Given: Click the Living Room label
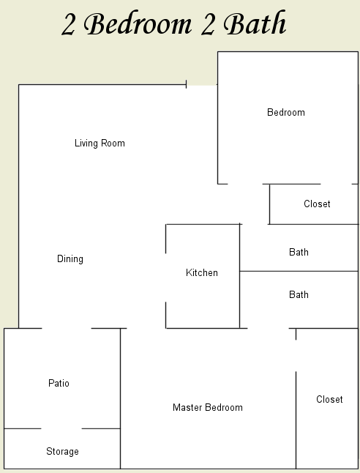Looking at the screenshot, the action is coord(100,144).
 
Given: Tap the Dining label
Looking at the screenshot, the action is coord(70,259).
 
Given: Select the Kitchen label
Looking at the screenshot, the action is coord(202,272).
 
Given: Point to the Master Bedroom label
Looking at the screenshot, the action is coord(208,408).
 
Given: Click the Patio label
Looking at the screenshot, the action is coord(59,384).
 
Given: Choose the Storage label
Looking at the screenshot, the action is coord(62,452).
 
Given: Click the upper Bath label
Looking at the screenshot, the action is coord(299,252).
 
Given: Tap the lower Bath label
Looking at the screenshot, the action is coord(299,295).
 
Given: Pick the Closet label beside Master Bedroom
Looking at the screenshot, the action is coord(329,399).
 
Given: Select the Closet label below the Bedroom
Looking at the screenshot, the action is coord(317,204).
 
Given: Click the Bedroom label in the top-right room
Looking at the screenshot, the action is coord(286,113).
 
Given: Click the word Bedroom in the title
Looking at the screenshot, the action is coord(138,23).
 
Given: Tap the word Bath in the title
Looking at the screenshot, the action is coord(255,23).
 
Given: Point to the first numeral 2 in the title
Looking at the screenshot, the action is coord(68,25).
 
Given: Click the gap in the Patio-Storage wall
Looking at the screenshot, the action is coord(61,428).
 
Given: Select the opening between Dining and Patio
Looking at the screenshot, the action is coord(67,328).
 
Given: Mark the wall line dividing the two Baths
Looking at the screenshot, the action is coord(299,271).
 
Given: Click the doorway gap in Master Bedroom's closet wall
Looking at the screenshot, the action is coord(296,356).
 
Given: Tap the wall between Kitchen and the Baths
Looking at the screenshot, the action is coord(240,276).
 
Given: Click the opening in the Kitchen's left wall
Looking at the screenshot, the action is coord(165,278).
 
